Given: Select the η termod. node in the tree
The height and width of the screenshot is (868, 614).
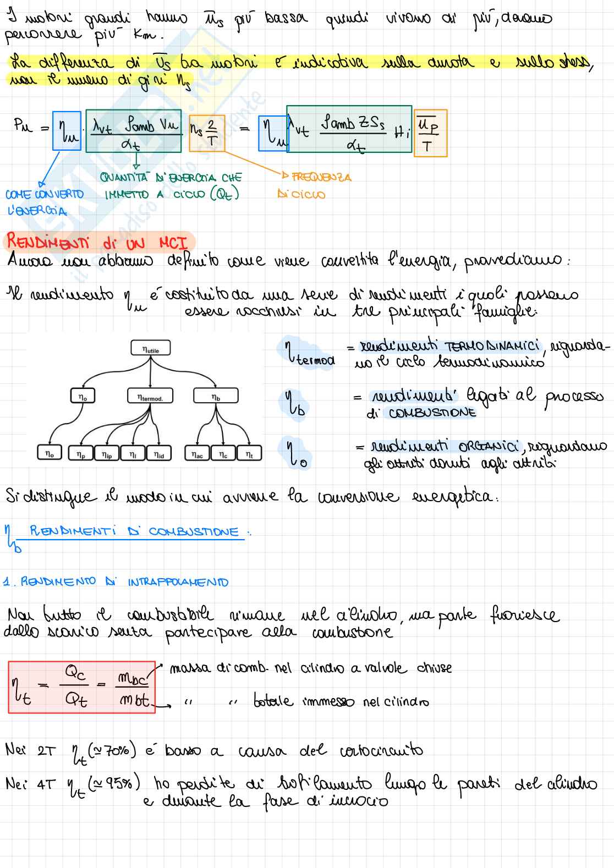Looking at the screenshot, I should pos(150,396).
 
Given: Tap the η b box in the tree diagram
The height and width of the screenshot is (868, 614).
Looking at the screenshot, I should pos(216,396).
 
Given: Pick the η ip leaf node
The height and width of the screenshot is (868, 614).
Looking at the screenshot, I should pos(107,453).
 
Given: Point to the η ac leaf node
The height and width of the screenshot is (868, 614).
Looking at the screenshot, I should pos(197,453).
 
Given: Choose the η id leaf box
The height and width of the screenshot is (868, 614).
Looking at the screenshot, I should pos(159,453).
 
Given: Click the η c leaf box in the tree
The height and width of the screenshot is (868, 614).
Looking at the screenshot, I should pos(223,453).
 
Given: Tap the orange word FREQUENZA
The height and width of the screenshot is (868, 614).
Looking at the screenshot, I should pos(321,177).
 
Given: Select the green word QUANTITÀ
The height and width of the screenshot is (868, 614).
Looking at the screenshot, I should pos(125,178).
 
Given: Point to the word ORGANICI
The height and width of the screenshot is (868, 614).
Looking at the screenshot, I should pos(487,446).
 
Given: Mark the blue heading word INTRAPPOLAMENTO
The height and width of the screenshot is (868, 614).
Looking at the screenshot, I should pos(178,582).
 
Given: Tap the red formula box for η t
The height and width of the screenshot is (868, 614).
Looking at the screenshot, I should pos(81,688).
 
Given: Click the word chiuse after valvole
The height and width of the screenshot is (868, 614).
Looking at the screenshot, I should pos(435,668).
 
